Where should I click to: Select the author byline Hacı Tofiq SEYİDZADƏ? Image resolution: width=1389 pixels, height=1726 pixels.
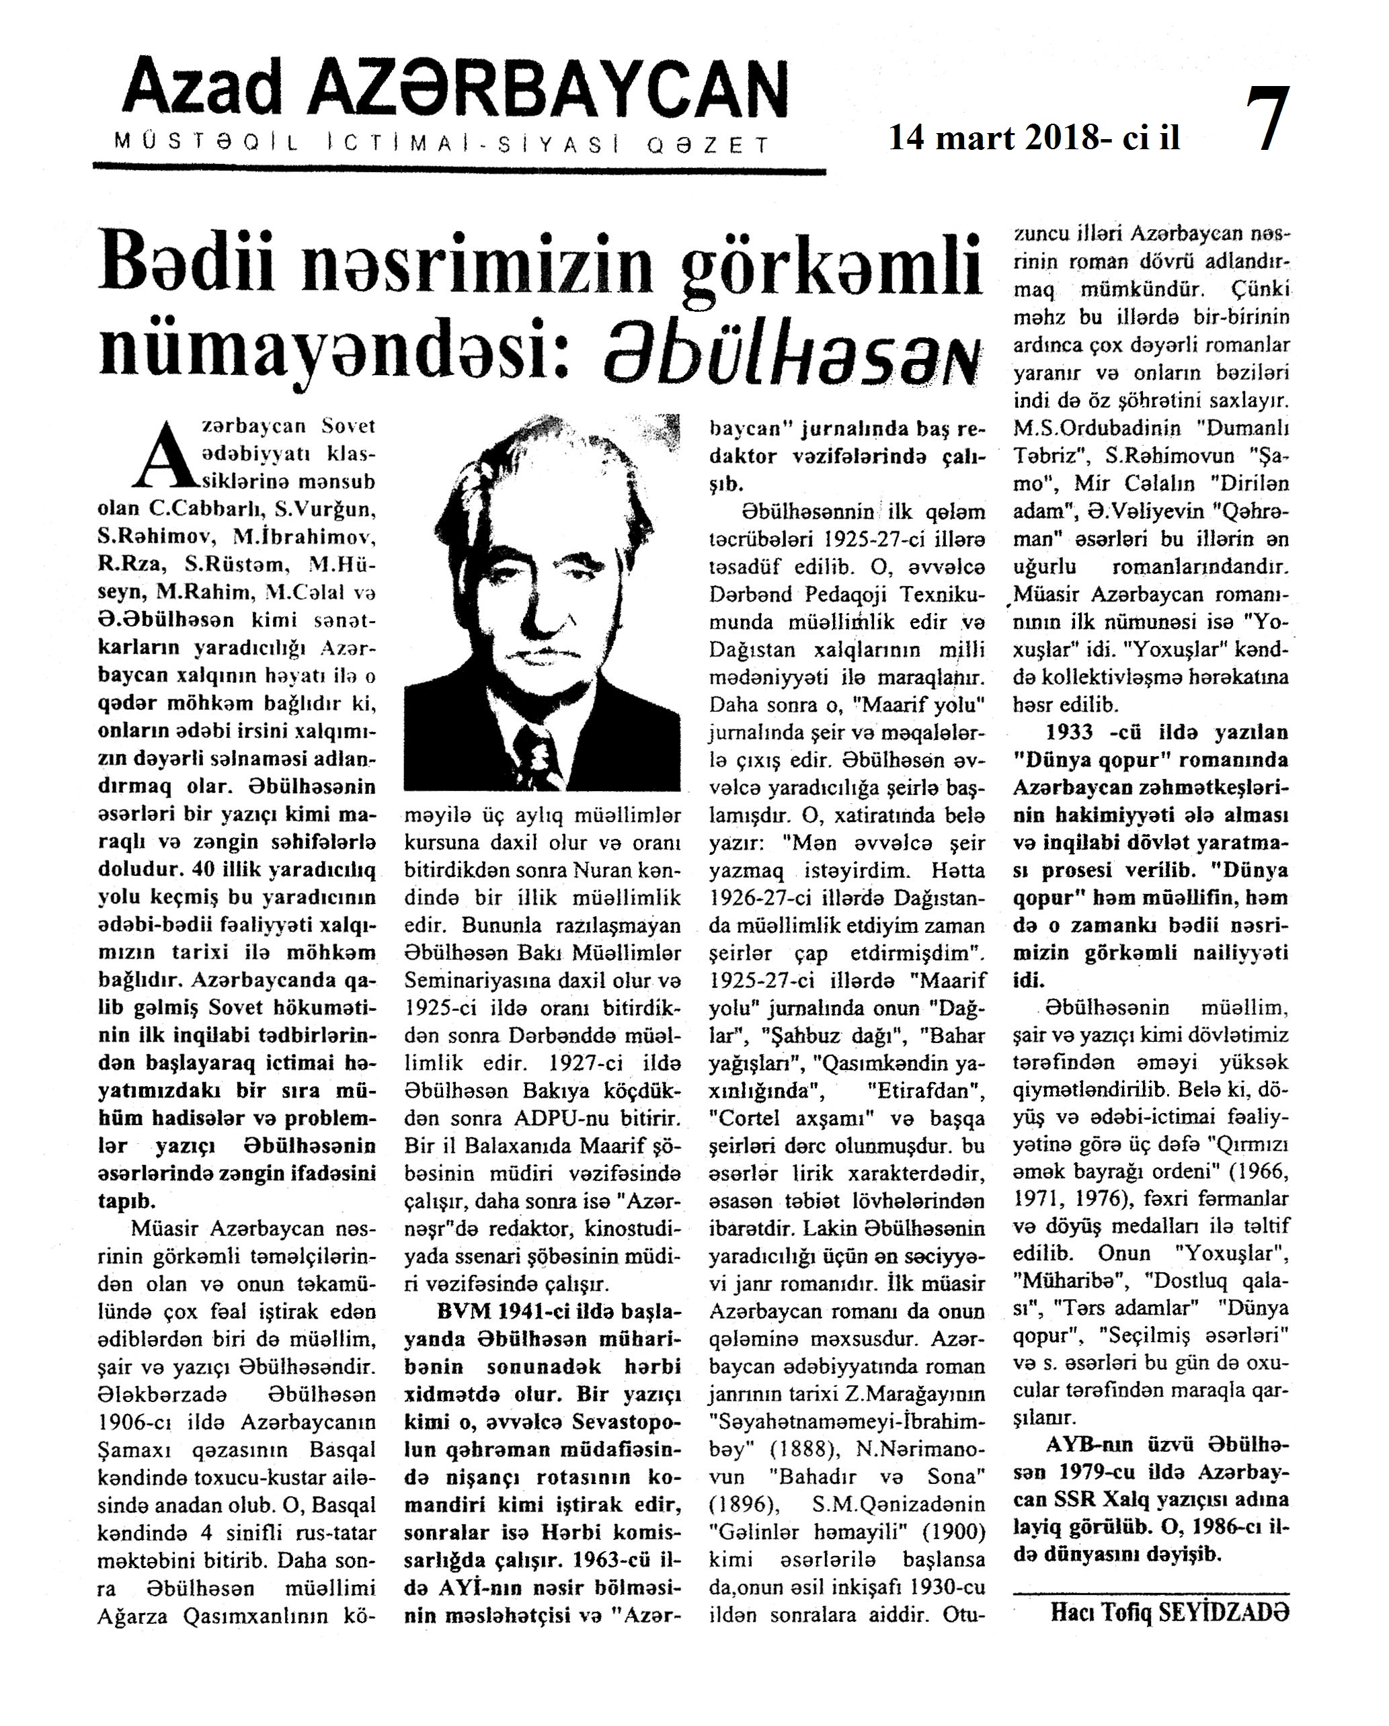pos(1170,1612)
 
